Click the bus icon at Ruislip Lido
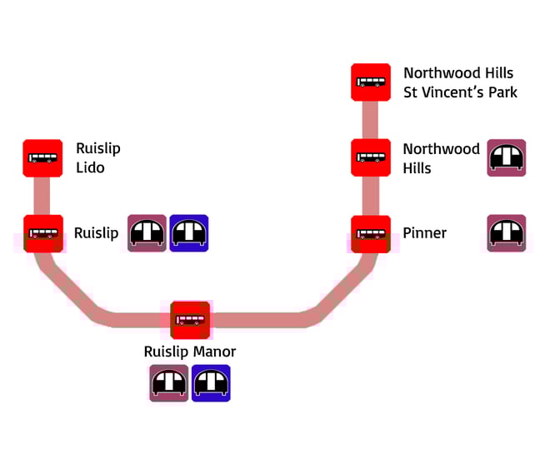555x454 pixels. (x=42, y=157)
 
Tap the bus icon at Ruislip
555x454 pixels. (x=42, y=233)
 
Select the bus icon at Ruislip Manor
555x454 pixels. (x=190, y=320)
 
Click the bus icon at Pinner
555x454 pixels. (x=371, y=233)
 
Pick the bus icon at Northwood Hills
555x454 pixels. (x=371, y=157)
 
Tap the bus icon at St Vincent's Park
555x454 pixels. (x=371, y=82)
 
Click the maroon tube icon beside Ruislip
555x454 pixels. (x=147, y=233)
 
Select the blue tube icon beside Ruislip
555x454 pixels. (x=189, y=233)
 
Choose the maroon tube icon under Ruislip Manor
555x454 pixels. (x=169, y=383)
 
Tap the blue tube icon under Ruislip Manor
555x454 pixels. (x=211, y=383)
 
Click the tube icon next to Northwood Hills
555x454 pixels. (x=506, y=157)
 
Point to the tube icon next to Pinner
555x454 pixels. (x=506, y=233)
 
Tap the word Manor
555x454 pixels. (x=214, y=352)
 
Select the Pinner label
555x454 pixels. (x=425, y=233)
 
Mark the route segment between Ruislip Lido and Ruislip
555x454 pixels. (x=42, y=196)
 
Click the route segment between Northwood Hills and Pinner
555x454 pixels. (x=371, y=196)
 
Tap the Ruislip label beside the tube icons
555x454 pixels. (x=97, y=233)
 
